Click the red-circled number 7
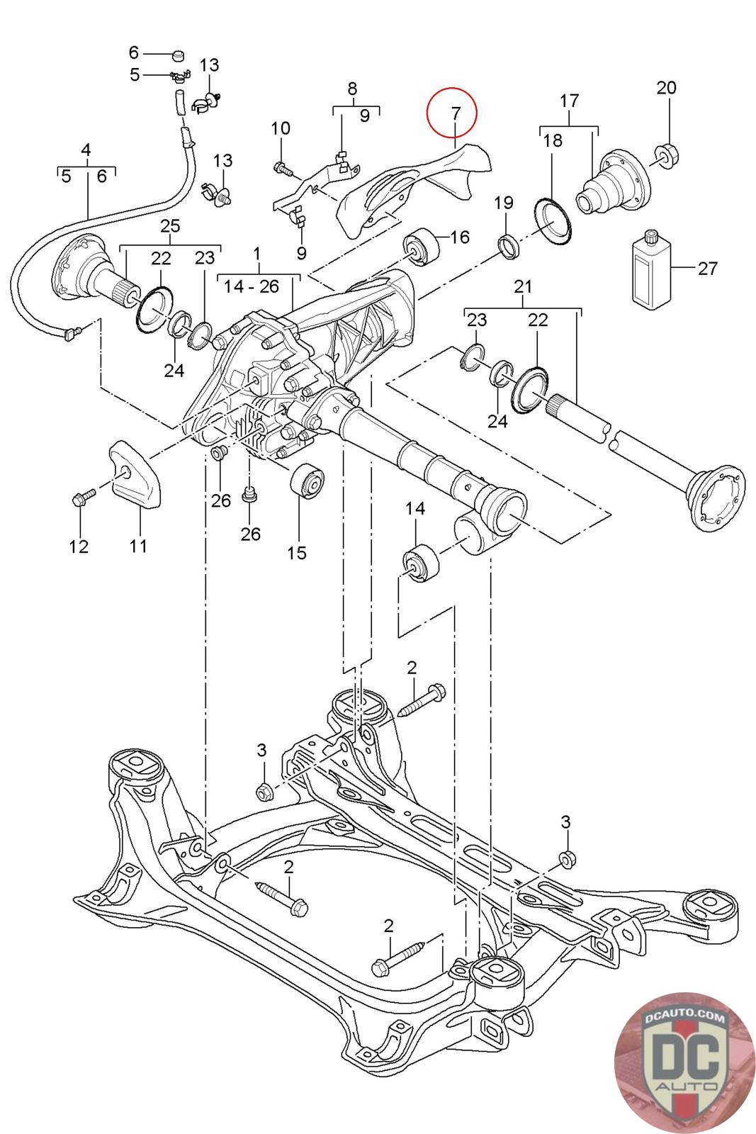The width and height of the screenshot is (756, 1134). (x=456, y=113)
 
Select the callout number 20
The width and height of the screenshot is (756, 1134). (x=666, y=88)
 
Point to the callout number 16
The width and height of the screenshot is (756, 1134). (x=459, y=237)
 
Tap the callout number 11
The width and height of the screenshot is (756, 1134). (x=138, y=546)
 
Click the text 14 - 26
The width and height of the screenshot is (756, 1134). (x=251, y=286)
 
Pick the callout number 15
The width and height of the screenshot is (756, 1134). (x=297, y=552)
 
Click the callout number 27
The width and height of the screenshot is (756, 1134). (x=707, y=269)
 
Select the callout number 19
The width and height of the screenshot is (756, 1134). (x=504, y=203)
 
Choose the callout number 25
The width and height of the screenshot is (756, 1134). (x=170, y=226)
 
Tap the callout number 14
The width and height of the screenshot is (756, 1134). (x=415, y=508)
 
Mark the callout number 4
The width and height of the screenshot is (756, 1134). (x=86, y=150)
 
